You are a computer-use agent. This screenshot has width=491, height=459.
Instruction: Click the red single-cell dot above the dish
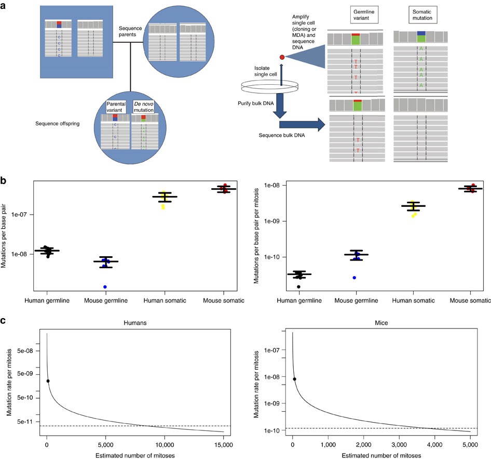coord(282,57)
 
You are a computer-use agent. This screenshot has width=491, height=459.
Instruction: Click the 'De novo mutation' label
coord(144,107)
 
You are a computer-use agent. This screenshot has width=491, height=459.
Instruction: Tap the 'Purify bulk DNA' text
coord(247,103)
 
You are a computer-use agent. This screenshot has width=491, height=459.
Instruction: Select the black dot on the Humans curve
coord(48,381)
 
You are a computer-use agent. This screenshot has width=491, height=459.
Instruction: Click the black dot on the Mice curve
coord(294,379)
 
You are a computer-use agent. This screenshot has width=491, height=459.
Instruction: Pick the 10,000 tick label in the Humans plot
coord(165,445)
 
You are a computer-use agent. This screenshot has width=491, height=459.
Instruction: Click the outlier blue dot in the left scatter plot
coord(105,287)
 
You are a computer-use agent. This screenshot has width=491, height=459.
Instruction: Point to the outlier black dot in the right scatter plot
coord(298,287)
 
